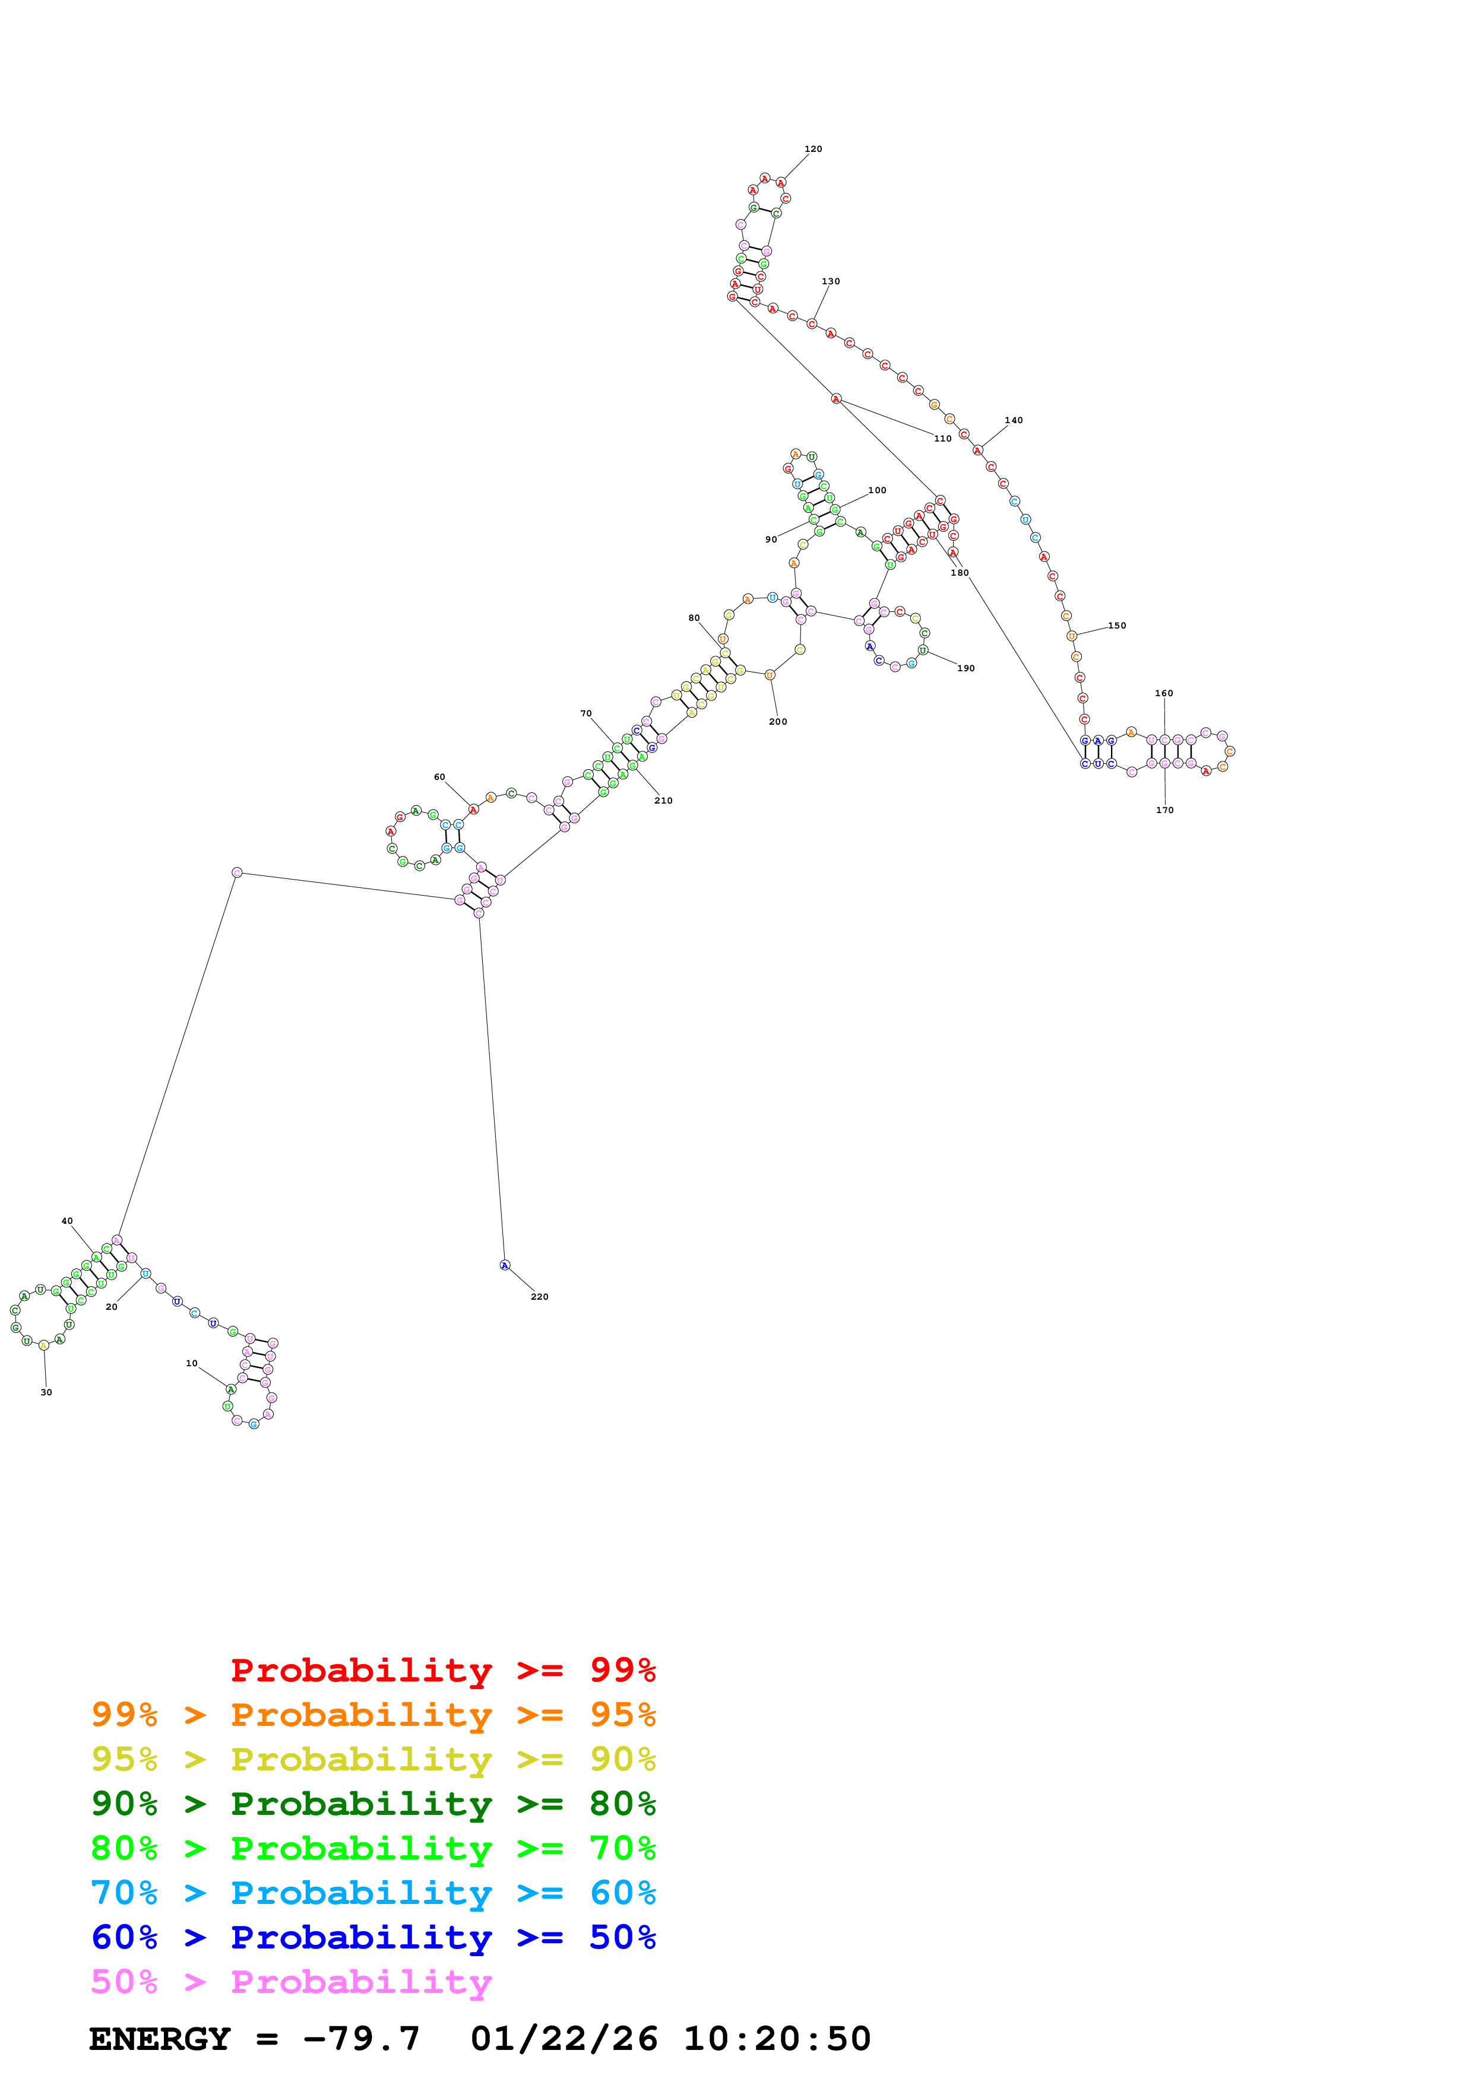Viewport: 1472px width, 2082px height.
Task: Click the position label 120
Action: (813, 149)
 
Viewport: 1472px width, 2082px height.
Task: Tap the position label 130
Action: (830, 281)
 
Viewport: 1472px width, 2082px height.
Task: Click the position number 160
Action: (1164, 693)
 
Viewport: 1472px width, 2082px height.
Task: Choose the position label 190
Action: (966, 668)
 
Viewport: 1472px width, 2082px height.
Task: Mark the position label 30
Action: (46, 1392)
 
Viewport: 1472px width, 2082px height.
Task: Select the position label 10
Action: (191, 1363)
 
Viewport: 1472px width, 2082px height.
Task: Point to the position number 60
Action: (439, 777)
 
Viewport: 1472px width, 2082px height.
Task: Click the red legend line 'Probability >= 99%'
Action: (442, 1670)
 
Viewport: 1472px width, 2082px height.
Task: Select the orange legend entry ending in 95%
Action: (373, 1715)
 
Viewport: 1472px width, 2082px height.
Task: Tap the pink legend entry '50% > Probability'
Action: (291, 1981)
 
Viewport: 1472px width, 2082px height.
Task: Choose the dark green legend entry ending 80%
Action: (373, 1804)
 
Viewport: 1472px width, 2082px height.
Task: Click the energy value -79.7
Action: (361, 2039)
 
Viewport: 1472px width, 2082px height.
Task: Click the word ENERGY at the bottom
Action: (160, 2039)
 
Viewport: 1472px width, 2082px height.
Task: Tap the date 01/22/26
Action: (564, 2039)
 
